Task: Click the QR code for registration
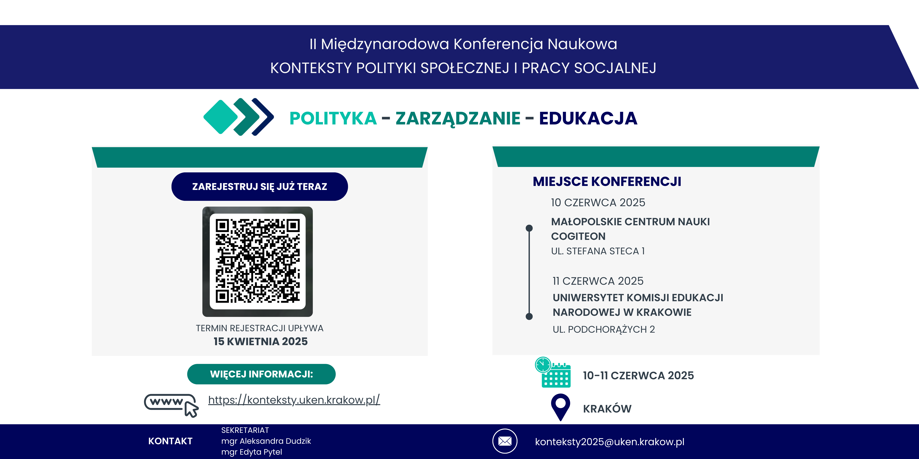(258, 262)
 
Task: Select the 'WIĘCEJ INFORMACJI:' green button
(262, 374)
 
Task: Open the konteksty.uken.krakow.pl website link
(294, 400)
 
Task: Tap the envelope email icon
(505, 441)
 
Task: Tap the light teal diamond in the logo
(220, 117)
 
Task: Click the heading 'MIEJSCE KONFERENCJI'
(607, 181)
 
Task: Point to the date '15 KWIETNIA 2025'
(261, 341)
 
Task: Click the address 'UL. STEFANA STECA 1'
(598, 251)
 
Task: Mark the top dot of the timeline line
(529, 228)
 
